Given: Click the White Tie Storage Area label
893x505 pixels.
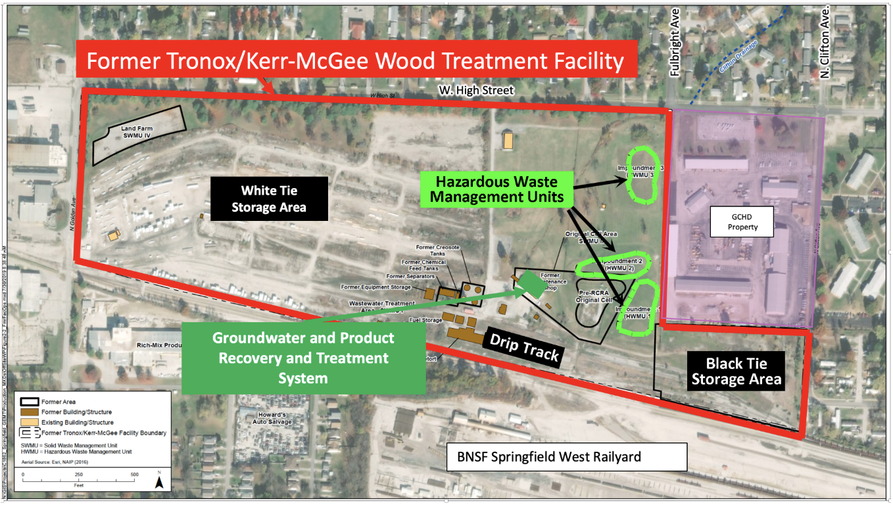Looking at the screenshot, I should pyautogui.click(x=269, y=199).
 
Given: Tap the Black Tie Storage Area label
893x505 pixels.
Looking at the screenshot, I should pyautogui.click(x=736, y=372).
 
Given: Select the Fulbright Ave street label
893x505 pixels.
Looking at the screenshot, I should pyautogui.click(x=673, y=50).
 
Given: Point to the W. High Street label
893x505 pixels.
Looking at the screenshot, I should pyautogui.click(x=478, y=90).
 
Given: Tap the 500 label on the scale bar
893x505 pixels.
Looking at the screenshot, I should pyautogui.click(x=134, y=474).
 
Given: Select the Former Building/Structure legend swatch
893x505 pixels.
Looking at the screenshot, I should pyautogui.click(x=30, y=412).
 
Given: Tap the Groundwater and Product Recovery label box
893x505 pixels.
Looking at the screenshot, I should pyautogui.click(x=303, y=358).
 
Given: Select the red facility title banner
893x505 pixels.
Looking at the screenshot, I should pyautogui.click(x=355, y=62).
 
